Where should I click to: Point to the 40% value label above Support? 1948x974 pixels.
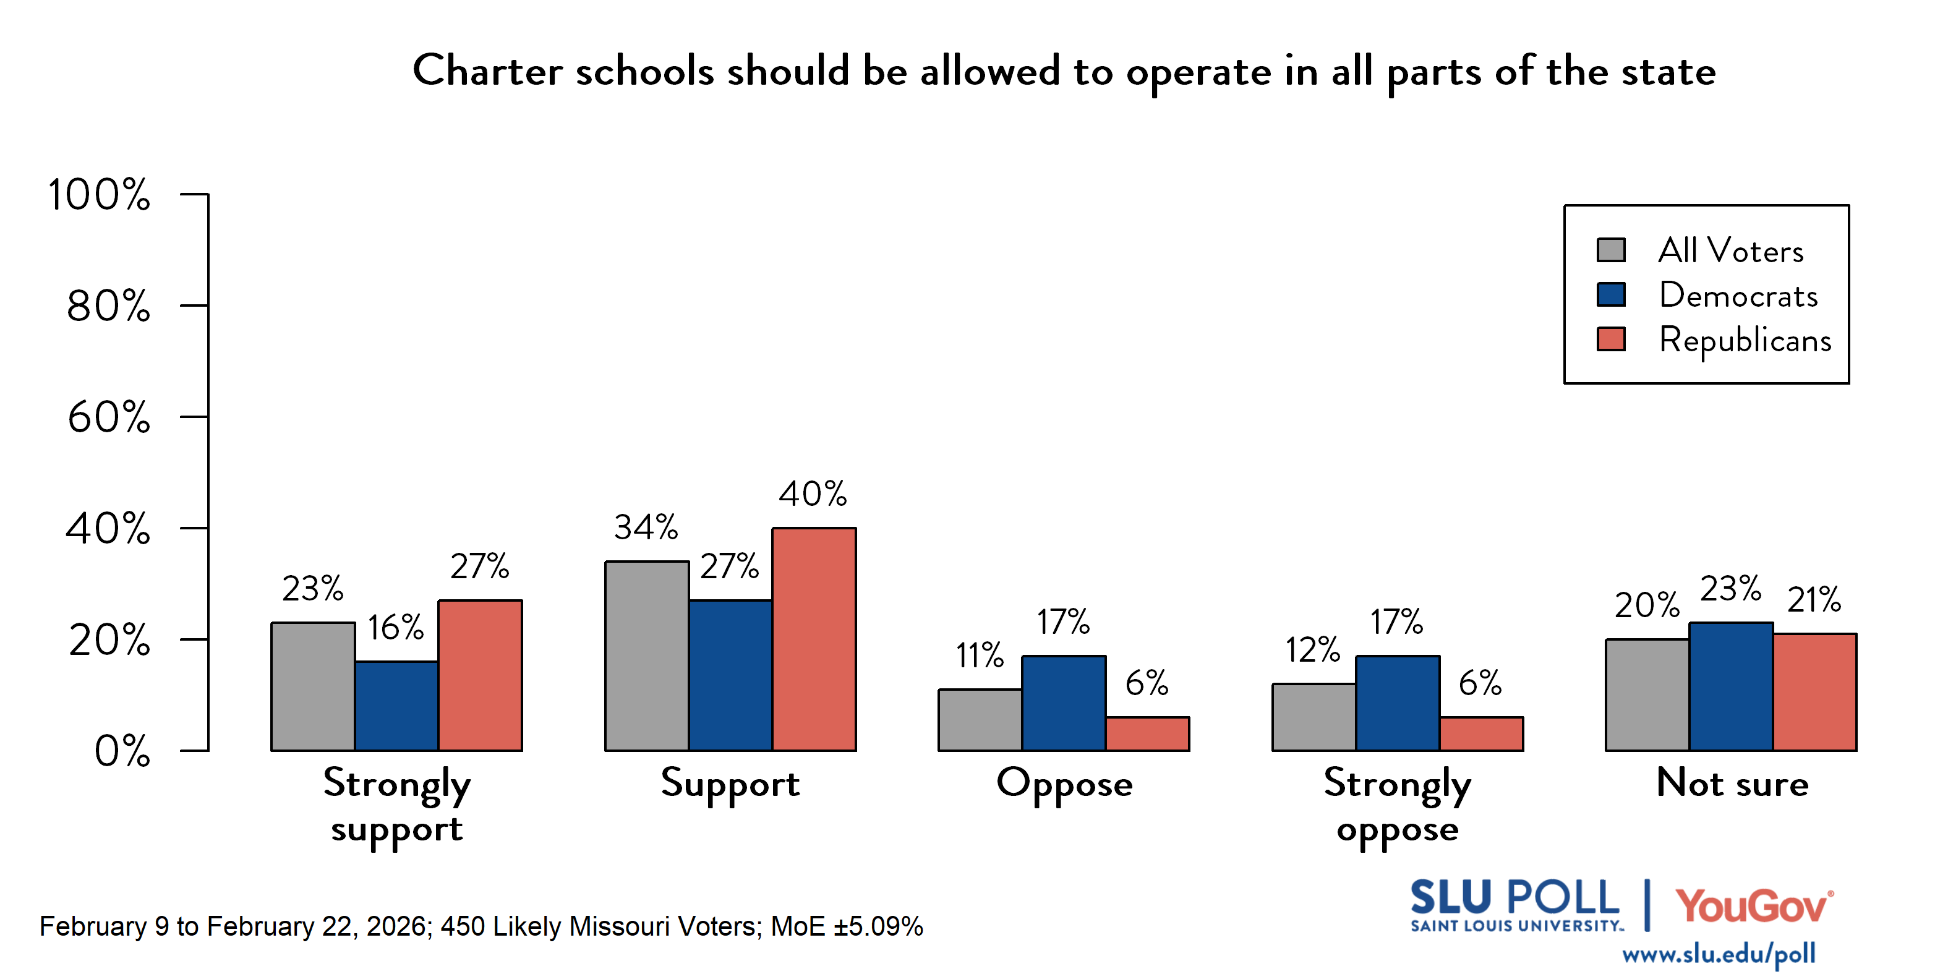coord(813,494)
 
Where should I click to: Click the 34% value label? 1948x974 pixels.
coord(645,527)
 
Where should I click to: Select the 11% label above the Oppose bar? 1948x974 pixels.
coord(980,655)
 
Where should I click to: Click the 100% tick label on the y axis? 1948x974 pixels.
coord(99,194)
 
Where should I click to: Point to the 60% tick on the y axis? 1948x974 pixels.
coord(108,417)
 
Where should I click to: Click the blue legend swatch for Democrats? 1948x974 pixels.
coord(1611,294)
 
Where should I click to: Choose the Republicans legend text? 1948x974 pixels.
coord(1745,340)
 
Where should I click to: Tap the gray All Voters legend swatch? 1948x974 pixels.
coord(1611,250)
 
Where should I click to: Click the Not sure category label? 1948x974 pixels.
coord(1732,783)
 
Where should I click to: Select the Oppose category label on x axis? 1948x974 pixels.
coord(1064,784)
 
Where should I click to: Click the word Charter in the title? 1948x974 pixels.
coord(487,71)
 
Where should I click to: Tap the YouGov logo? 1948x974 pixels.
coord(1754,905)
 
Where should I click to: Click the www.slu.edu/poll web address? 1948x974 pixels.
coord(1718,954)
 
